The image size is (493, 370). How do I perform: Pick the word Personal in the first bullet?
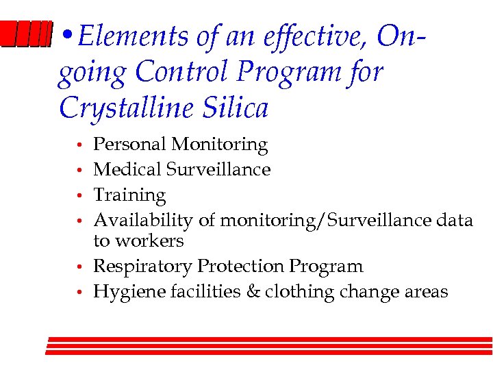click(130, 145)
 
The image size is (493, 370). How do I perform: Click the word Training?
click(129, 196)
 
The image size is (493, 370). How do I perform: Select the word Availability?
click(143, 221)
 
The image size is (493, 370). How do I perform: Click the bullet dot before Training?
click(80, 197)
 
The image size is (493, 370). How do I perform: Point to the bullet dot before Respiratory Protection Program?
click(80, 267)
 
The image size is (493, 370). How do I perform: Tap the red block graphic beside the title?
click(26, 35)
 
